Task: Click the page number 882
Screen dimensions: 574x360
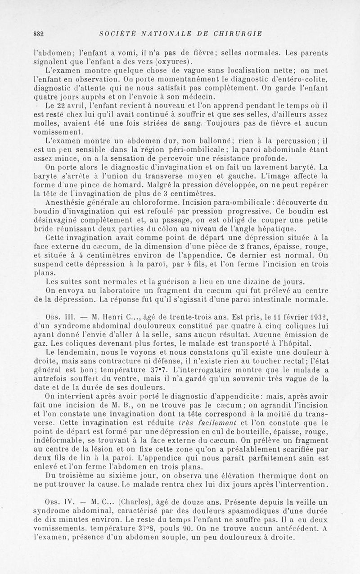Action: (38, 33)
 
